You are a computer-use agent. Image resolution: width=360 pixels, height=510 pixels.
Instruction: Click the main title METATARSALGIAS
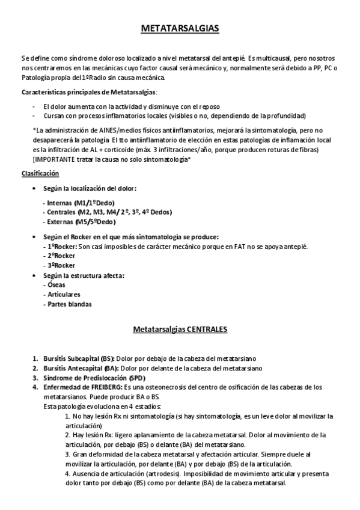[180, 28]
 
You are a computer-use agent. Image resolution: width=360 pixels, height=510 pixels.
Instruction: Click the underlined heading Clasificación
[40, 173]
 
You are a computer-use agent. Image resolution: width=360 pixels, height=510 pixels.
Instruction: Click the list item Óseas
[53, 284]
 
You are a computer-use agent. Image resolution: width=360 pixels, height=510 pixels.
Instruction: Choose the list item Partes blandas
[67, 304]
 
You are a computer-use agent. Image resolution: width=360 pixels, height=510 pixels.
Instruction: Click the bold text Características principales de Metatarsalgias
[89, 92]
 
